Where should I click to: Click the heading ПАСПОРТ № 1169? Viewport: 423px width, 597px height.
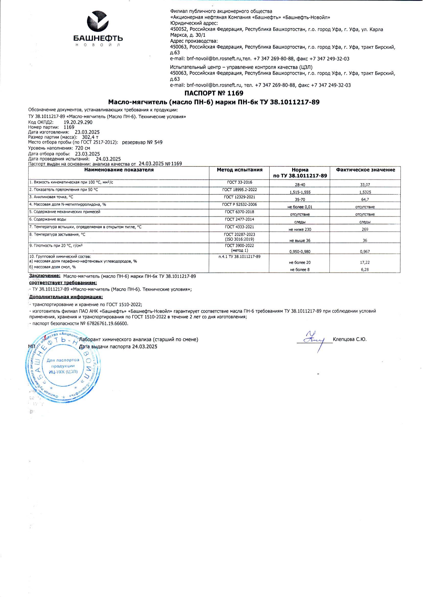coord(214,93)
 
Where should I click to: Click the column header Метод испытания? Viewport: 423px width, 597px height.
coord(240,170)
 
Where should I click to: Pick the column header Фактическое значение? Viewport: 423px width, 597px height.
coord(365,170)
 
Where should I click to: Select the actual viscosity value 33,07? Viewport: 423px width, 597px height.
coord(365,185)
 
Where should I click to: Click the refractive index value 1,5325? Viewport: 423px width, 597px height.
coord(365,192)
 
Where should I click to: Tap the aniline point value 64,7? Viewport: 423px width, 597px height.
coord(365,200)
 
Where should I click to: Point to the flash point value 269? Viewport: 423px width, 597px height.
coord(365,229)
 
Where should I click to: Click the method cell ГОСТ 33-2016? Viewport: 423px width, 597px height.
coord(239,182)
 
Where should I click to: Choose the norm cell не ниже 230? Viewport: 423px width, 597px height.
coord(300,229)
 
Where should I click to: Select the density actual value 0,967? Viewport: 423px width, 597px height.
coord(365,252)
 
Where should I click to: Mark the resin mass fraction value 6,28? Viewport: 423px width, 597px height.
coord(365,270)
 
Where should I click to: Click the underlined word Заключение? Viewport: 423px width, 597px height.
coord(45,276)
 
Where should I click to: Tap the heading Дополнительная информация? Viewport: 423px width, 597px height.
coord(66,297)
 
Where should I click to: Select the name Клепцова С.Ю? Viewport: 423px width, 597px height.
coord(349,339)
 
